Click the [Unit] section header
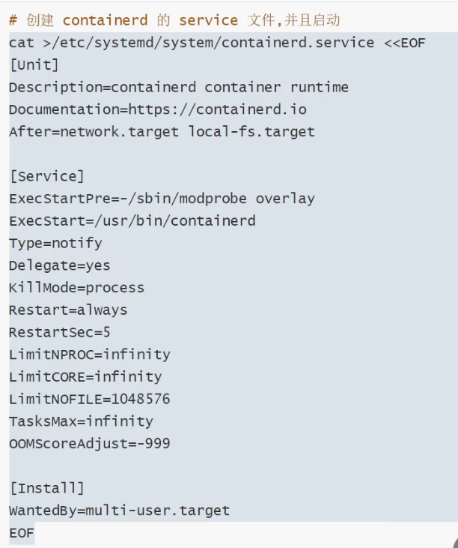point(34,65)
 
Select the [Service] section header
point(47,177)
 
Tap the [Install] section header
point(47,489)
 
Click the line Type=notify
point(55,244)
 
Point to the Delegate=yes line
point(60,265)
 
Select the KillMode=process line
point(76,288)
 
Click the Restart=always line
point(68,310)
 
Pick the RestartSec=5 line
point(60,332)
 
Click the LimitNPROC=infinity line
point(90,355)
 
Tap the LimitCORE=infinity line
point(85,377)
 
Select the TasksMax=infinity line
point(81,421)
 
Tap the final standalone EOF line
point(22,533)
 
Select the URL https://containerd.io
point(217,110)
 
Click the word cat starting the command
point(21,43)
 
